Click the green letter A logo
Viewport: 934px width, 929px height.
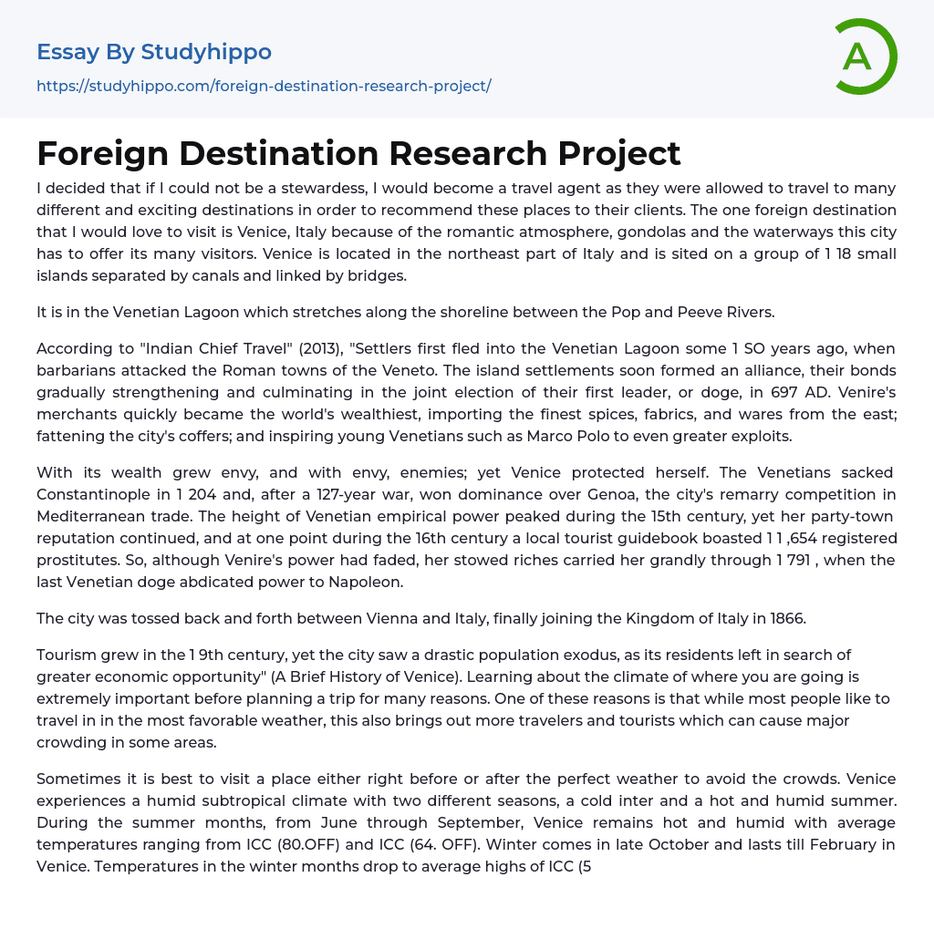[865, 57]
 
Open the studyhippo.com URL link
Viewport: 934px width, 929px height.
[264, 86]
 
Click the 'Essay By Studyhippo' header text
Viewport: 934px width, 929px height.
[154, 52]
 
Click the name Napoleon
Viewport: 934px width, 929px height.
[365, 582]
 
